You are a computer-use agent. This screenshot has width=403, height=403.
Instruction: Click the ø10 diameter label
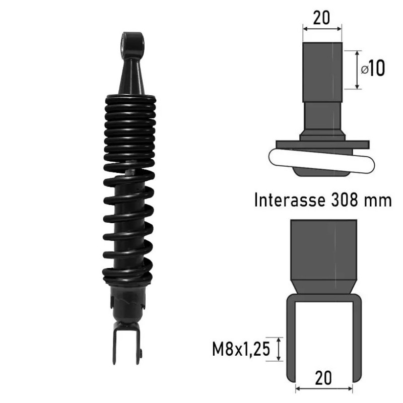[x=373, y=68]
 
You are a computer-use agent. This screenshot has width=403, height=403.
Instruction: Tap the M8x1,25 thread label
[x=241, y=349]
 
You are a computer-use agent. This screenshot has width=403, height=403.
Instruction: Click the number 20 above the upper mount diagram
[x=321, y=18]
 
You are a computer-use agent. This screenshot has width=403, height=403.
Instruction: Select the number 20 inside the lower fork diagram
[x=323, y=378]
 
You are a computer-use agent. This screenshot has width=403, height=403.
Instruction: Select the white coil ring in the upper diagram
[x=322, y=161]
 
